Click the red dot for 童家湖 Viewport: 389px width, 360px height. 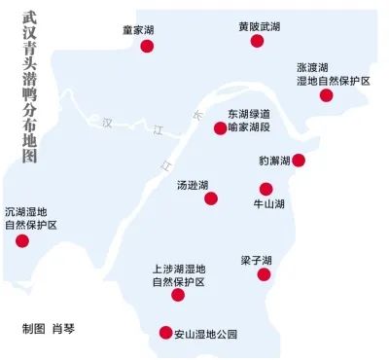click(x=147, y=47)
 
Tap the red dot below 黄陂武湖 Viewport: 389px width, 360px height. click(x=257, y=41)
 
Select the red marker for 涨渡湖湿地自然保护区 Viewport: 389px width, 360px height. click(x=326, y=95)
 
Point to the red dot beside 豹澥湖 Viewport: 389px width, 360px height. click(x=299, y=161)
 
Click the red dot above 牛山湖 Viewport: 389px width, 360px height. click(x=266, y=189)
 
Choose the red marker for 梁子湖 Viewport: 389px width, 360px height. click(x=263, y=275)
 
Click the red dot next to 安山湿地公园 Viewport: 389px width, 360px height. click(x=151, y=334)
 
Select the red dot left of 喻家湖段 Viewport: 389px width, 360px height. click(x=220, y=127)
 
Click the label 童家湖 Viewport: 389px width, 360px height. click(x=138, y=30)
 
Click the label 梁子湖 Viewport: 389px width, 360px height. click(x=256, y=260)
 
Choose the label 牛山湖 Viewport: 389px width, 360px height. click(x=268, y=205)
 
